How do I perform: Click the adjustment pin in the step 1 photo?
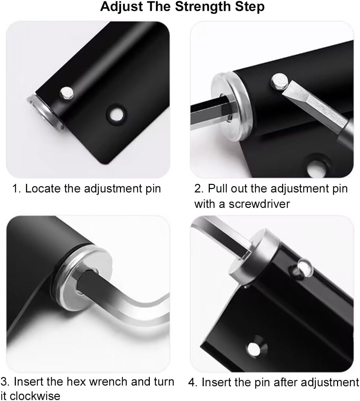click(66, 93)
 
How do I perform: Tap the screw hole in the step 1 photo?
click(117, 113)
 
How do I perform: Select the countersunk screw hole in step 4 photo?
click(254, 348)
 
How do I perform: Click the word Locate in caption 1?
click(41, 189)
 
